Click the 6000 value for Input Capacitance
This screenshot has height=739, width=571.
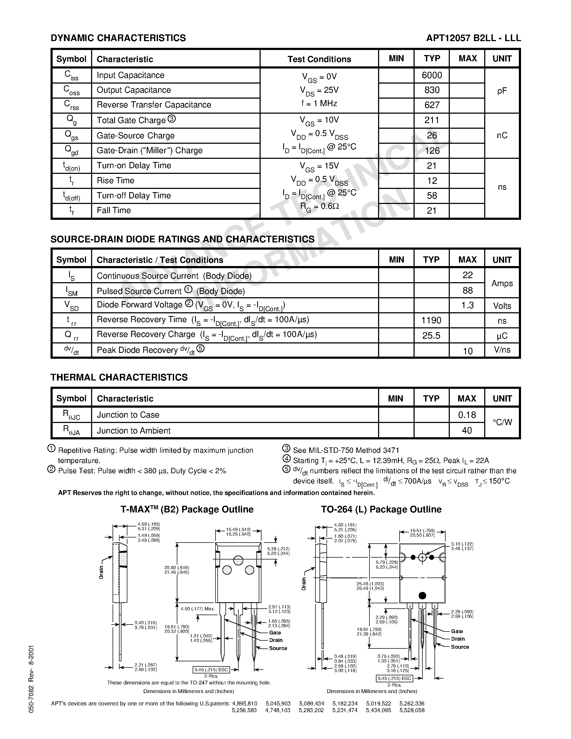(x=432, y=75)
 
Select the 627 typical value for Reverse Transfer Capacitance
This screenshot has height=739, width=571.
(x=432, y=105)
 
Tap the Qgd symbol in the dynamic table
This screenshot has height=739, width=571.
(x=71, y=150)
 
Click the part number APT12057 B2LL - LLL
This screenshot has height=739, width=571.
(x=473, y=38)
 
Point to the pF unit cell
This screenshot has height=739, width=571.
(x=502, y=91)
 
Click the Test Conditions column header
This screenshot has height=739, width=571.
(x=319, y=59)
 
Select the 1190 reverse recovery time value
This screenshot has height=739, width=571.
(x=431, y=320)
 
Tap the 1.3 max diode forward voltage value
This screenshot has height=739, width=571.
(x=468, y=305)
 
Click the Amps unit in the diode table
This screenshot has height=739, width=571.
(x=502, y=283)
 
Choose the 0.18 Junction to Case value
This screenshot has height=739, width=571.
(x=467, y=415)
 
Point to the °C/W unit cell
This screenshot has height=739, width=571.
(x=502, y=422)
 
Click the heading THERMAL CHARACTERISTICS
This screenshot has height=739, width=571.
(x=119, y=378)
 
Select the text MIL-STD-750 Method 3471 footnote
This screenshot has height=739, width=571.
(x=346, y=450)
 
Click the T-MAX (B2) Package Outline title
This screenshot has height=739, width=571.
(x=187, y=510)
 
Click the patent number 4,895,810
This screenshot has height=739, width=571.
(x=245, y=704)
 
